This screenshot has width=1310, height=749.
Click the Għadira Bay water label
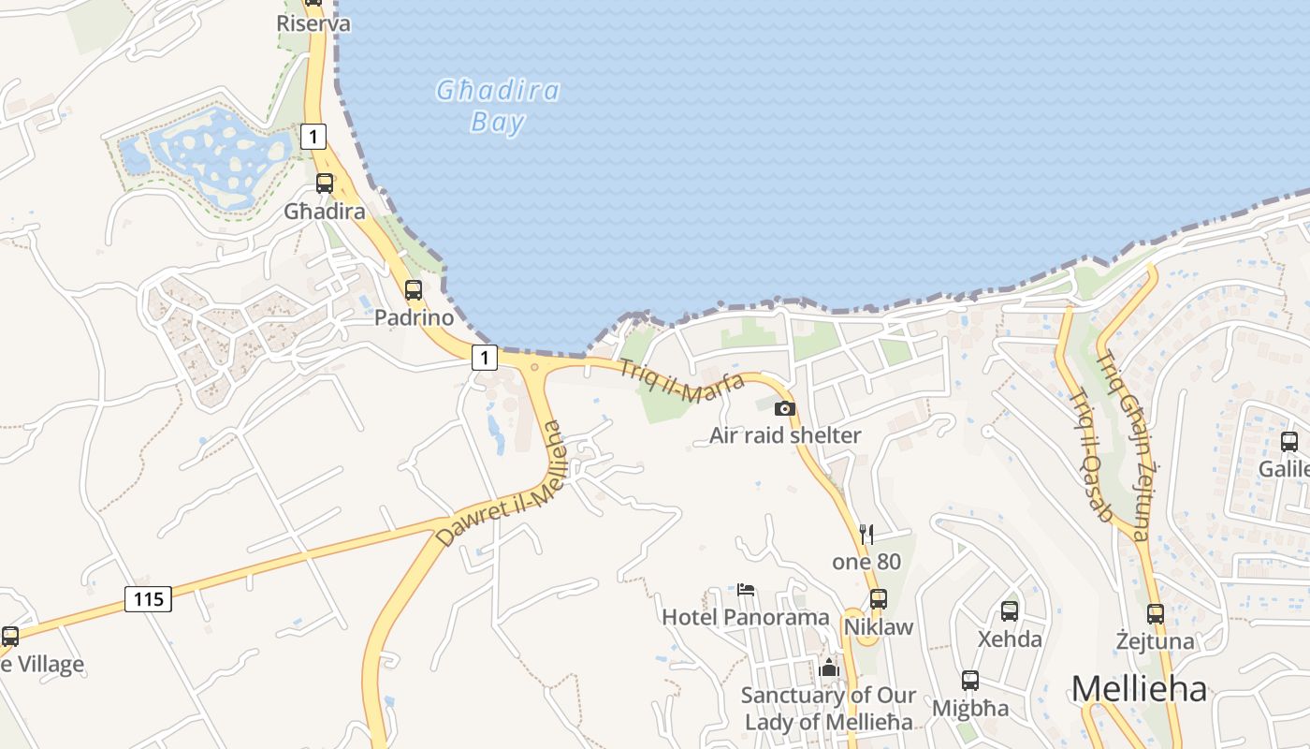coord(498,106)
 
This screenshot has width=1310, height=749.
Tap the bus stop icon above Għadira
coord(325,184)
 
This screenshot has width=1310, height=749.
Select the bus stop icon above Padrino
coord(414,290)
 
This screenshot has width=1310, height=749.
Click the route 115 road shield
coord(149,598)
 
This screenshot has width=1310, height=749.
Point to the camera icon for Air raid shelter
coord(785,408)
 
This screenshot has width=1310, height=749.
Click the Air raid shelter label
coord(785,435)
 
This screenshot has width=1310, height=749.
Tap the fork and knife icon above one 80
coord(866,535)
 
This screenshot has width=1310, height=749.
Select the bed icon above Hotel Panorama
coord(746,590)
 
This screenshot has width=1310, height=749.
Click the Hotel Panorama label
coord(746,617)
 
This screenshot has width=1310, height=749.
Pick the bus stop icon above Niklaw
coord(879,599)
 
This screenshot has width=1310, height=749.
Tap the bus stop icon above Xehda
coord(1010,611)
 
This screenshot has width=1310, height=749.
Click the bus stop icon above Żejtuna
coord(1156,614)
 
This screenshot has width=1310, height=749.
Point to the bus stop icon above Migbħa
coord(970,681)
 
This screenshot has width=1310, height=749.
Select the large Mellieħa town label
coord(1139,689)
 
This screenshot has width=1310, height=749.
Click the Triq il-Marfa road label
coord(681,381)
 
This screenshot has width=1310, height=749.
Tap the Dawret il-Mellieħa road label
coord(501,484)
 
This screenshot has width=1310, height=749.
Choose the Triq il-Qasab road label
coord(1090,454)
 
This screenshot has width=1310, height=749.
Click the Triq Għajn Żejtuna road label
coord(1123,446)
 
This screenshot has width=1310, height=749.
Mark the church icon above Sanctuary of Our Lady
coord(829,668)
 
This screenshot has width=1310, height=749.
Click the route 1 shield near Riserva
coord(313,137)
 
